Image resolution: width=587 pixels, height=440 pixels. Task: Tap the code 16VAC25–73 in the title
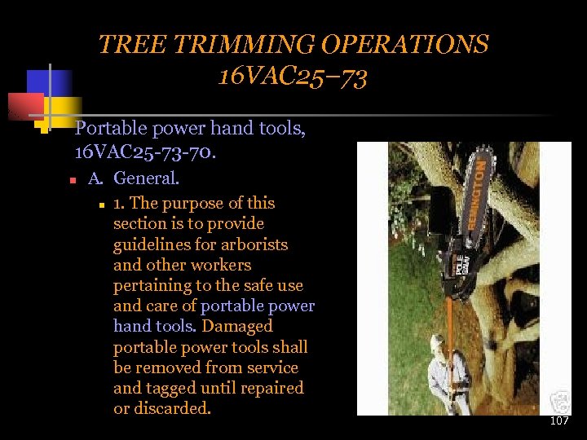[293, 77]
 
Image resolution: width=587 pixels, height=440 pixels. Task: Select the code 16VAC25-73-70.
[143, 151]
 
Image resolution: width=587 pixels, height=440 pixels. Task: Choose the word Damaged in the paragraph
[236, 327]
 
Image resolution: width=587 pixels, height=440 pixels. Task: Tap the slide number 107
[559, 421]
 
